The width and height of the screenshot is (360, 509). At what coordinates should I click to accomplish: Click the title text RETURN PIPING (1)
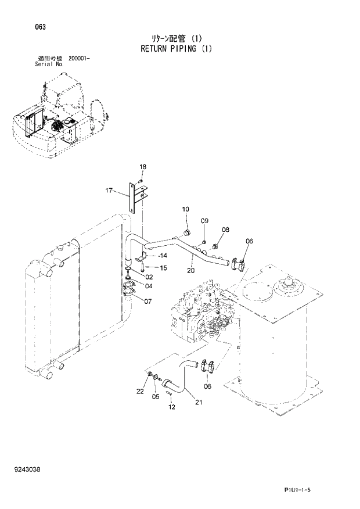coord(176,49)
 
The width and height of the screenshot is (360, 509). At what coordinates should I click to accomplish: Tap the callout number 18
coord(142,167)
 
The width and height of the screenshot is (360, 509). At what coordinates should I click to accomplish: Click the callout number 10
coord(186,209)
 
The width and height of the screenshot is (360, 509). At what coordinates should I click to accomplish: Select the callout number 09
coord(204,221)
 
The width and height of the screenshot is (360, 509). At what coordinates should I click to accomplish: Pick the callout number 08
coord(225,230)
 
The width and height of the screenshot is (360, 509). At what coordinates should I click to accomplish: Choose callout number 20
coord(190,270)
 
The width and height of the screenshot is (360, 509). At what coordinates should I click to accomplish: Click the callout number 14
coord(163,256)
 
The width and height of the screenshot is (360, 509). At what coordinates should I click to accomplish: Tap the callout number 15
coord(163,268)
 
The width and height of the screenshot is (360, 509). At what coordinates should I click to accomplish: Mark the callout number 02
coord(149,277)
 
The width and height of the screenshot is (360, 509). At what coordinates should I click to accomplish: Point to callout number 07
coord(148,301)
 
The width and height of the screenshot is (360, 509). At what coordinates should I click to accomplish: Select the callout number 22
coord(140,392)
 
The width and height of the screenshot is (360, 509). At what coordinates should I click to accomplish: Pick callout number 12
coord(171,408)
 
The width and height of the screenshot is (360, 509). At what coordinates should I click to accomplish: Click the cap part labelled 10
coord(188,233)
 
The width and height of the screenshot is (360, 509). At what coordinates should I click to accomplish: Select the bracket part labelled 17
coord(134,198)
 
